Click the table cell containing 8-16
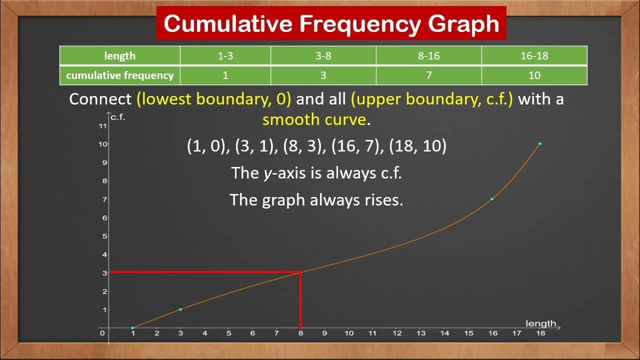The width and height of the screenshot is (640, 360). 428,56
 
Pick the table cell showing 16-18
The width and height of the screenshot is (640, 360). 534,56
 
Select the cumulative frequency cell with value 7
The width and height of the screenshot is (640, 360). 428,75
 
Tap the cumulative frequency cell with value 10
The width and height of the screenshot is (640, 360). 534,75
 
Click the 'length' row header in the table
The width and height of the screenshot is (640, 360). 119,56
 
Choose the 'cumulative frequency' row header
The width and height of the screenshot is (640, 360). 119,75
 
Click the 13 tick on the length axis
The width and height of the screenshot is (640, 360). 420,333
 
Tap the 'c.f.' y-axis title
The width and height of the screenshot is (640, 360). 118,117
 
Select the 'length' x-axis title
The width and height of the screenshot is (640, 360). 540,323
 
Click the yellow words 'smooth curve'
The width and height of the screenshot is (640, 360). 314,119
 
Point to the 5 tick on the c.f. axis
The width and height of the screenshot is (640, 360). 104,236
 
